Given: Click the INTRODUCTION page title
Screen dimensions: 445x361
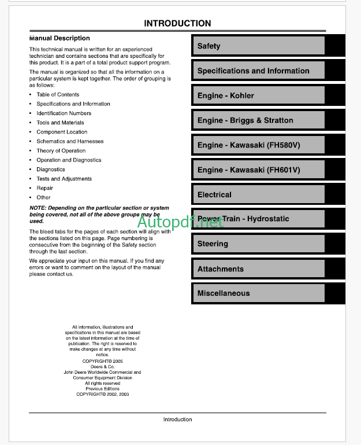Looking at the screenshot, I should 177,24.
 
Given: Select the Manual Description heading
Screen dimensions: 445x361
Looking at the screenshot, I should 60,38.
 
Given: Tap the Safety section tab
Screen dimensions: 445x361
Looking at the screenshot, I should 258,46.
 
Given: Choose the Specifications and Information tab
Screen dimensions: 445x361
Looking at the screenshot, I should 258,71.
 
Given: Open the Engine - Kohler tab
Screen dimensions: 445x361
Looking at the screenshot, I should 258,95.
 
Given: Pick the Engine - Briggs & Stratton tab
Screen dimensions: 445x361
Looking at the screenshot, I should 258,120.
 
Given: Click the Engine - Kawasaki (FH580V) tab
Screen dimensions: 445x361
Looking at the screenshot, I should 258,145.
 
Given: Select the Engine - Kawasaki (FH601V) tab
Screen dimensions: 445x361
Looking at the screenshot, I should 258,170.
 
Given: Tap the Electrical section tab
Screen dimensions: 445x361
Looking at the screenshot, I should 258,195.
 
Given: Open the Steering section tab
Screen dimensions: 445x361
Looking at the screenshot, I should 258,244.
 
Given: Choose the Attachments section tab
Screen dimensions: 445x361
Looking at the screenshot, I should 258,269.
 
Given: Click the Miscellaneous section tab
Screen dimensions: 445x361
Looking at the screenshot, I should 258,293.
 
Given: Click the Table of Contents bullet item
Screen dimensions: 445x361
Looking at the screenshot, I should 58,94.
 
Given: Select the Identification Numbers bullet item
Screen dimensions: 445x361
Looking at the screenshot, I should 64,113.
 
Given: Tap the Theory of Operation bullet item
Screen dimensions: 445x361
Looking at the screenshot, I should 61,150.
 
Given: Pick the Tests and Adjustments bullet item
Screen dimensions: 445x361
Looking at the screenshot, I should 64,179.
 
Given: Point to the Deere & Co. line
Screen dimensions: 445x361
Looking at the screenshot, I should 102,367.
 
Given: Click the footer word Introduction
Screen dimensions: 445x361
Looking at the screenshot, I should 177,420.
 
